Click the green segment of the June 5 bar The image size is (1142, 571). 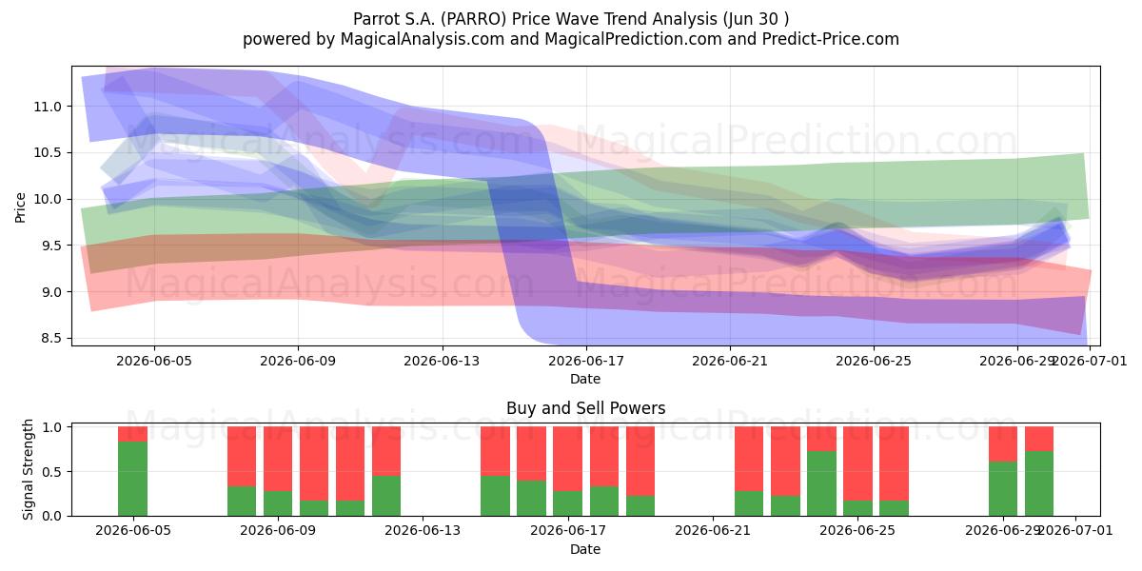click(x=132, y=478)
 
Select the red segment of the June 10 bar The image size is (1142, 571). click(x=314, y=463)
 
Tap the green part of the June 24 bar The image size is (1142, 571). click(x=821, y=483)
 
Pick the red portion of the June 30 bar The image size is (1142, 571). click(x=1039, y=439)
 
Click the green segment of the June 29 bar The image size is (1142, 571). click(x=1003, y=488)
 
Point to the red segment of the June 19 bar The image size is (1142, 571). click(x=640, y=462)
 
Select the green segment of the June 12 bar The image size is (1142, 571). click(x=386, y=496)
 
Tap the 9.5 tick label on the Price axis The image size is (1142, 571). click(x=48, y=246)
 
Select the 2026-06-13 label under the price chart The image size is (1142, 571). click(x=442, y=361)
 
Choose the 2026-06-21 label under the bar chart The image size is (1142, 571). click(x=713, y=531)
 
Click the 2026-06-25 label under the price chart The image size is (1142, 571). click(x=874, y=361)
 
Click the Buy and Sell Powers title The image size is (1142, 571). click(x=586, y=408)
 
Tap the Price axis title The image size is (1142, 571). click(x=20, y=208)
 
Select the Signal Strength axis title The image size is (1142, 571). click(x=28, y=469)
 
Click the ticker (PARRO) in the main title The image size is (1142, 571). click(x=474, y=19)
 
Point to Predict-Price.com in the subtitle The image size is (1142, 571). click(x=831, y=39)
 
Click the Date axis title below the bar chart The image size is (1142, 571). click(x=585, y=549)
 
